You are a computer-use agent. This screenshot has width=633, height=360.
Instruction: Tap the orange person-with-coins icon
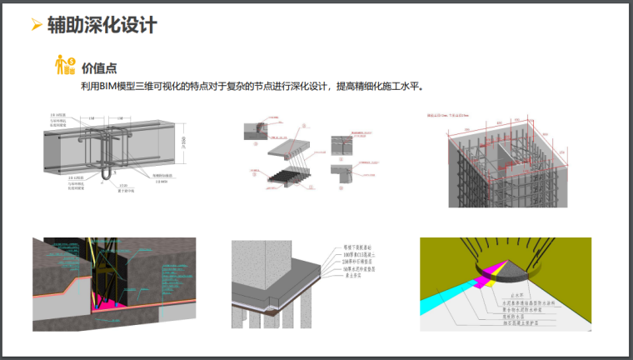click(64, 64)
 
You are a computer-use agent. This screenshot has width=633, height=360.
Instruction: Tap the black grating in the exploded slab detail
click(287, 174)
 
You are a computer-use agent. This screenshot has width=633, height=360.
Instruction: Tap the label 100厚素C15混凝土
click(350, 257)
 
